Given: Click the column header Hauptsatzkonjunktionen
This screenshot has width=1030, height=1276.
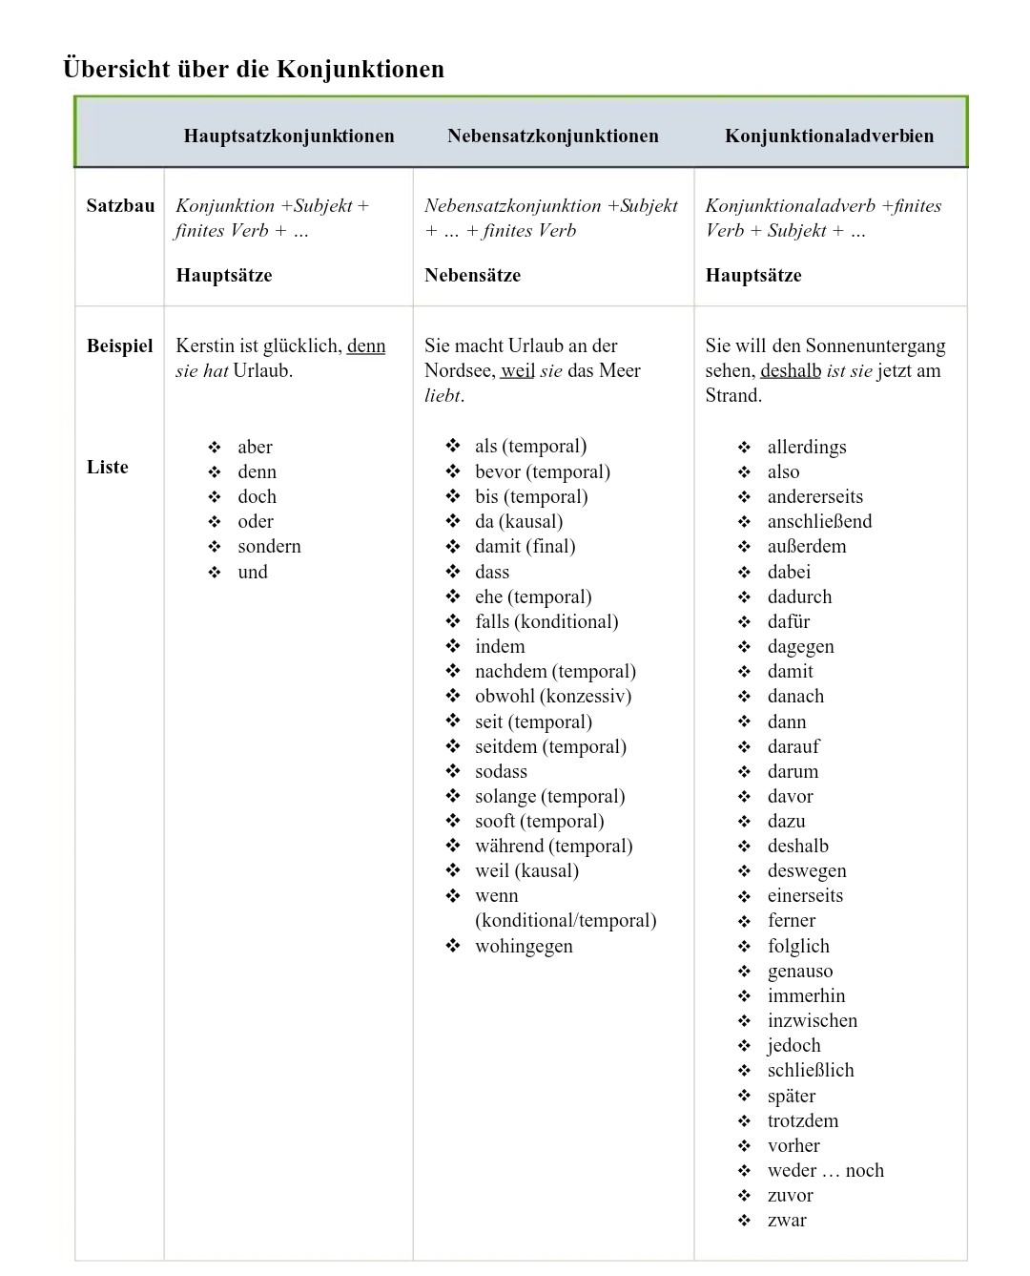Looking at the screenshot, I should [x=289, y=136].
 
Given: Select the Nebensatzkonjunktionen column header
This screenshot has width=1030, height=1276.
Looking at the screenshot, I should [x=553, y=136].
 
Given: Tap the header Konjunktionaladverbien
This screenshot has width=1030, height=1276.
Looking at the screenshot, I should [x=829, y=136].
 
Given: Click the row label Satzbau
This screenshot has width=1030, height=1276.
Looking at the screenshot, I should [x=120, y=205].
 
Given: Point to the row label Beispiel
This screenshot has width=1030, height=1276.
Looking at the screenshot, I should [x=119, y=345].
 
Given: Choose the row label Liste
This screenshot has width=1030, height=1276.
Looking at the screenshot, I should [x=107, y=467].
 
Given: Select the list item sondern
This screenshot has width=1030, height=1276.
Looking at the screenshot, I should [x=269, y=546].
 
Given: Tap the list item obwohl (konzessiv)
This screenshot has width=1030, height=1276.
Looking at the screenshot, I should [x=553, y=696].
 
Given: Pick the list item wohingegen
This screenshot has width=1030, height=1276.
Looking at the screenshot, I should [x=524, y=946].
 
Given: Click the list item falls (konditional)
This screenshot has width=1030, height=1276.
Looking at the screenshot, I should [x=546, y=621].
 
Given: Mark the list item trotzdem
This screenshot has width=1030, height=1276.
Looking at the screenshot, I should [x=803, y=1120].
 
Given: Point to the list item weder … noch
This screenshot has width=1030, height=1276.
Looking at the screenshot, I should [x=825, y=1170].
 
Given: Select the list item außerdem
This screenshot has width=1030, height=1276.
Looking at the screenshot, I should [x=807, y=546].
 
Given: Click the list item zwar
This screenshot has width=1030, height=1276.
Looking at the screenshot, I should [x=787, y=1220].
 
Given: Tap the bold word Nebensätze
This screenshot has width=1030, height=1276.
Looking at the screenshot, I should [x=472, y=275].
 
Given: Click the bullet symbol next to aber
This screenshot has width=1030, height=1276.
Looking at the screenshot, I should [x=215, y=447].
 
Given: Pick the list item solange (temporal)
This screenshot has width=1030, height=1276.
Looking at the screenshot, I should [x=549, y=796].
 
